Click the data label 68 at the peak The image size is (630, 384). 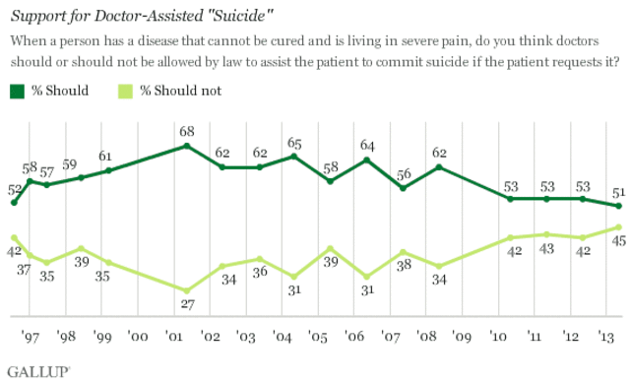(185, 131)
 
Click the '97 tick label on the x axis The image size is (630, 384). (31, 335)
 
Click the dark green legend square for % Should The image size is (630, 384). (17, 92)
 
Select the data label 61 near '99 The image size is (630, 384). (107, 156)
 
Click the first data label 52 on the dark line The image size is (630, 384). (14, 188)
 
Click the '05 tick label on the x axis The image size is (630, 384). (317, 335)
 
